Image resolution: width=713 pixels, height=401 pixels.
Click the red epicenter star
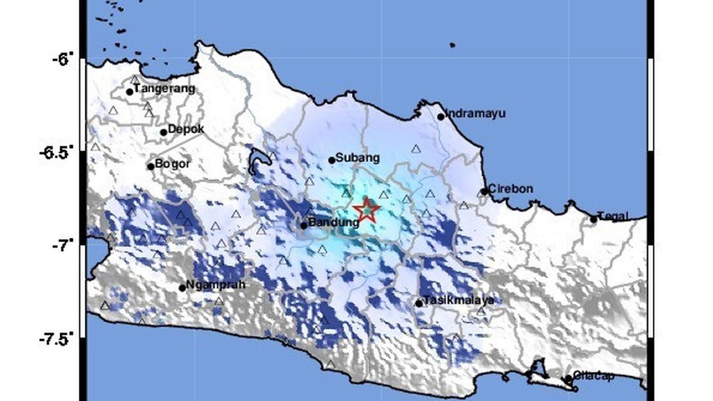tap(367, 211)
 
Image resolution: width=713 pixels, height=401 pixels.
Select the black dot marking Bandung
tap(304, 226)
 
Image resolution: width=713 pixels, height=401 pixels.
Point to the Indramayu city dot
tap(441, 117)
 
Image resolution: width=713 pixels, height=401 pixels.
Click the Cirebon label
tap(510, 189)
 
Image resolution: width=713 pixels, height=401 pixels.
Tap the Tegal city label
tap(613, 217)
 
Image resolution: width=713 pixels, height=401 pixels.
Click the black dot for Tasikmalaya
tap(419, 304)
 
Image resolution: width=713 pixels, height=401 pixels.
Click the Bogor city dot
tap(150, 167)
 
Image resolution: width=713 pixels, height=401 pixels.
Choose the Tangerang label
tap(164, 89)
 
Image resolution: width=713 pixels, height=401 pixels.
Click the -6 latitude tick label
tap(63, 59)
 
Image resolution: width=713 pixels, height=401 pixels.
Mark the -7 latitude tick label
tap(63, 245)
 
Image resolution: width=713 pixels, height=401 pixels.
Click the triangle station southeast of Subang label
tap(416, 149)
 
